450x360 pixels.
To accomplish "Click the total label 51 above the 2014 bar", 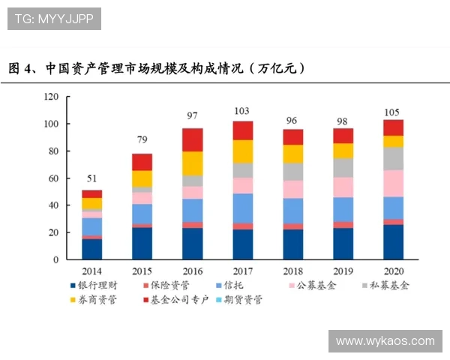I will pyautogui.click(x=91, y=178).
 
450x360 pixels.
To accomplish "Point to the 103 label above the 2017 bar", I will pyautogui.click(x=241, y=111).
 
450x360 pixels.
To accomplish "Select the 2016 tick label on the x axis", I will pyautogui.click(x=192, y=271).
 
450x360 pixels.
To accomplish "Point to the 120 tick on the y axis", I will pyautogui.click(x=51, y=97).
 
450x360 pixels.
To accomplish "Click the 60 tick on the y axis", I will pyautogui.click(x=53, y=178).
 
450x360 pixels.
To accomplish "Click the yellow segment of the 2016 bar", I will pyautogui.click(x=192, y=163).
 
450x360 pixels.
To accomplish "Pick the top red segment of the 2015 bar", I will pyautogui.click(x=142, y=162).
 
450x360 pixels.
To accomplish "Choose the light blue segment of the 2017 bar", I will pyautogui.click(x=241, y=208).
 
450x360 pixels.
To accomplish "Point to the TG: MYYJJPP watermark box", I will pyautogui.click(x=54, y=18).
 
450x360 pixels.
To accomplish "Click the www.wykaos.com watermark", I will pyautogui.click(x=385, y=341).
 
